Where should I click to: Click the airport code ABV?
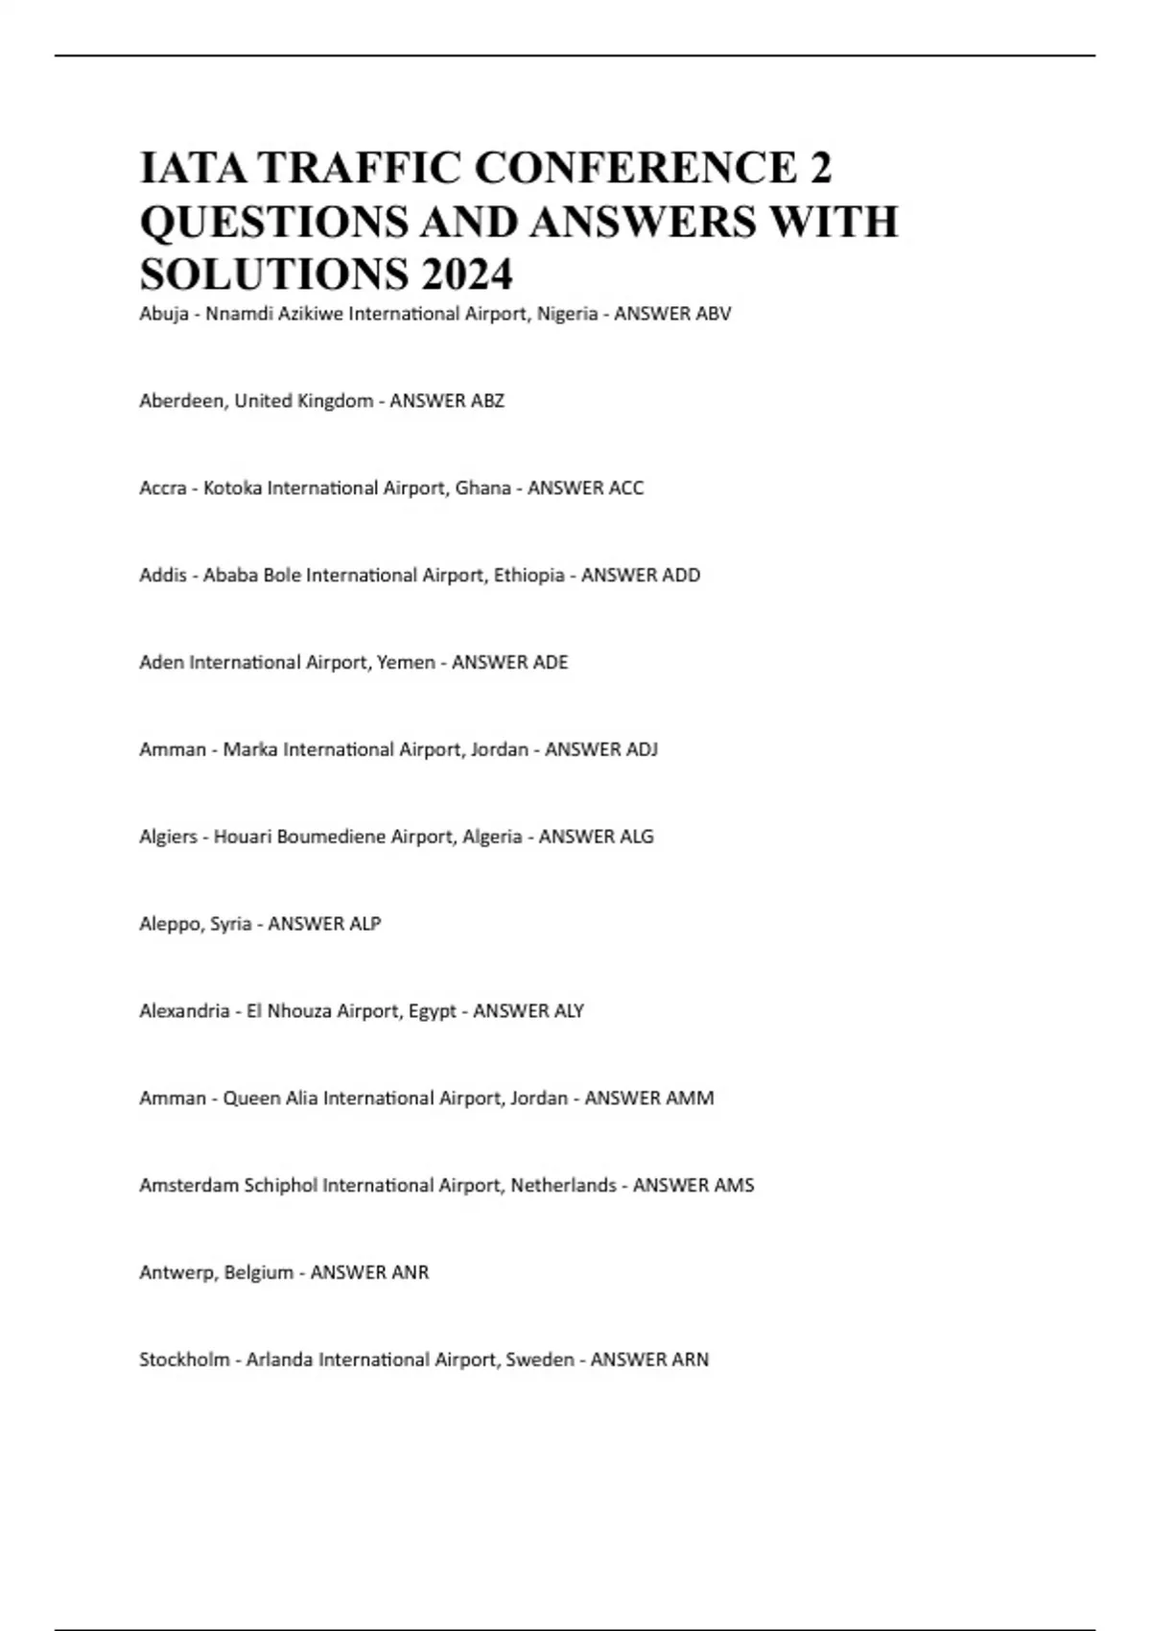point(713,314)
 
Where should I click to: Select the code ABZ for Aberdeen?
point(486,401)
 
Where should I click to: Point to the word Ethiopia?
point(529,576)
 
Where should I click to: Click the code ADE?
point(550,663)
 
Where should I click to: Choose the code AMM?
point(693,1099)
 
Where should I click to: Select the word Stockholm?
point(183,1359)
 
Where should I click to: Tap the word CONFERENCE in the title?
point(634,168)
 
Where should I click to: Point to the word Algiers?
point(168,837)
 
